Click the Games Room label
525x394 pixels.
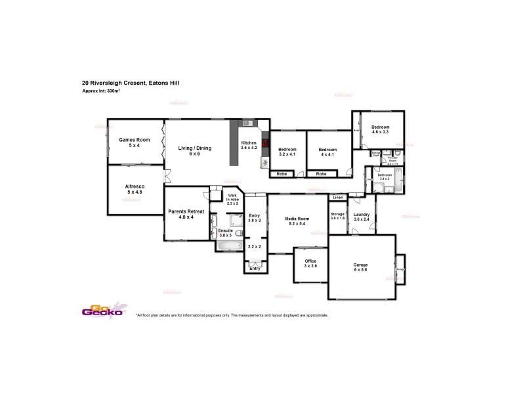click(135, 142)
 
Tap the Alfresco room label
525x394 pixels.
click(135, 189)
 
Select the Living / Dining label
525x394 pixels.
click(195, 151)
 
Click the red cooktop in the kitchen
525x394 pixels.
click(265, 143)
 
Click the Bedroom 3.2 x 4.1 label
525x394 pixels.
click(288, 152)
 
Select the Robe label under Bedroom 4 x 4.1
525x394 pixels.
click(322, 174)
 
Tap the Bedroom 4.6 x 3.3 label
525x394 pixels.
click(380, 129)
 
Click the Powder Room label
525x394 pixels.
click(392, 160)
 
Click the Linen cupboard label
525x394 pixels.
click(337, 197)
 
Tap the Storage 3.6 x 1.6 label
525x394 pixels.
click(337, 216)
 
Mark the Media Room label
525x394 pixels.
click(297, 221)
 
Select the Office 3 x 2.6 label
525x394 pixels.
click(310, 263)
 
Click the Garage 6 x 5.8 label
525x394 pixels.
click(361, 267)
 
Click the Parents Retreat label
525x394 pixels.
click(186, 214)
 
